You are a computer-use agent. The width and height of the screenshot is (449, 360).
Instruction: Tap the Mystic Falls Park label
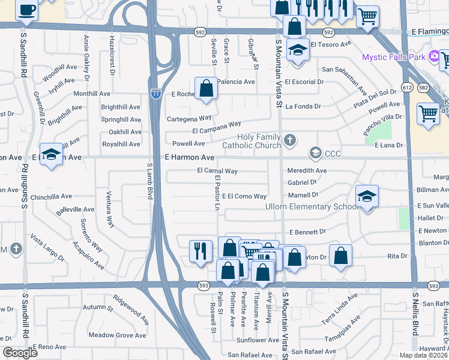(393, 57)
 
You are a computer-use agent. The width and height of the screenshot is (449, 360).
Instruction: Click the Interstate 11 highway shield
(155, 94)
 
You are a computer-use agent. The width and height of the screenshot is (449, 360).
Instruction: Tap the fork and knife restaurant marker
(200, 250)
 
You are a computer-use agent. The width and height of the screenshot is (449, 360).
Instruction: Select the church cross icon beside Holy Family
(290, 141)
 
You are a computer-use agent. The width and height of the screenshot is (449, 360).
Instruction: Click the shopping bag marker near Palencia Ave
(206, 88)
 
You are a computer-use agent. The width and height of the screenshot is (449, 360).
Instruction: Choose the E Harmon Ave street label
(189, 157)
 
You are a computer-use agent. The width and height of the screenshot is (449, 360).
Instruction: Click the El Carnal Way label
(217, 171)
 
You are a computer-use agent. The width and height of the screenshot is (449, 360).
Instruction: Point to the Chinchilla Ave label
(51, 196)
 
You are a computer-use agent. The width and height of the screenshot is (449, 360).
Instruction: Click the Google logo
(20, 353)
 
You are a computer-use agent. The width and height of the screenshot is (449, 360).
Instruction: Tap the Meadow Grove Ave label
(118, 335)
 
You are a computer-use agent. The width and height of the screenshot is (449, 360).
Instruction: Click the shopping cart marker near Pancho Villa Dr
(428, 113)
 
